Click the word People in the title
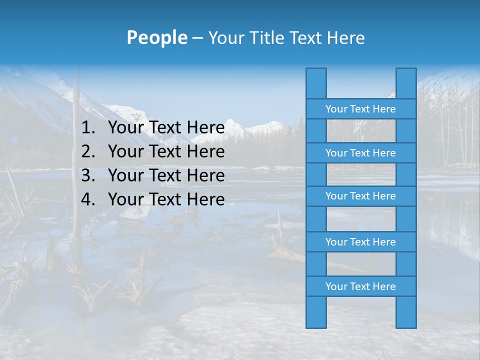coord(156,37)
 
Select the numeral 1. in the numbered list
coord(88,128)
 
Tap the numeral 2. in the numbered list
coord(88,151)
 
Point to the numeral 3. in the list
coord(88,175)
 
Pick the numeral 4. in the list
coord(88,199)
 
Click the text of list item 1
coord(166,128)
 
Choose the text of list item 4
coord(166,199)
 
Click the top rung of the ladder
coord(360,109)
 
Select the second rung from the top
coord(360,153)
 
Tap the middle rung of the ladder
coord(360,196)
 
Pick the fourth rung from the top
coord(360,242)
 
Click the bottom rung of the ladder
coord(360,286)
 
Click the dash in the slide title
coord(197,38)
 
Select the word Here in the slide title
coord(346,37)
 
